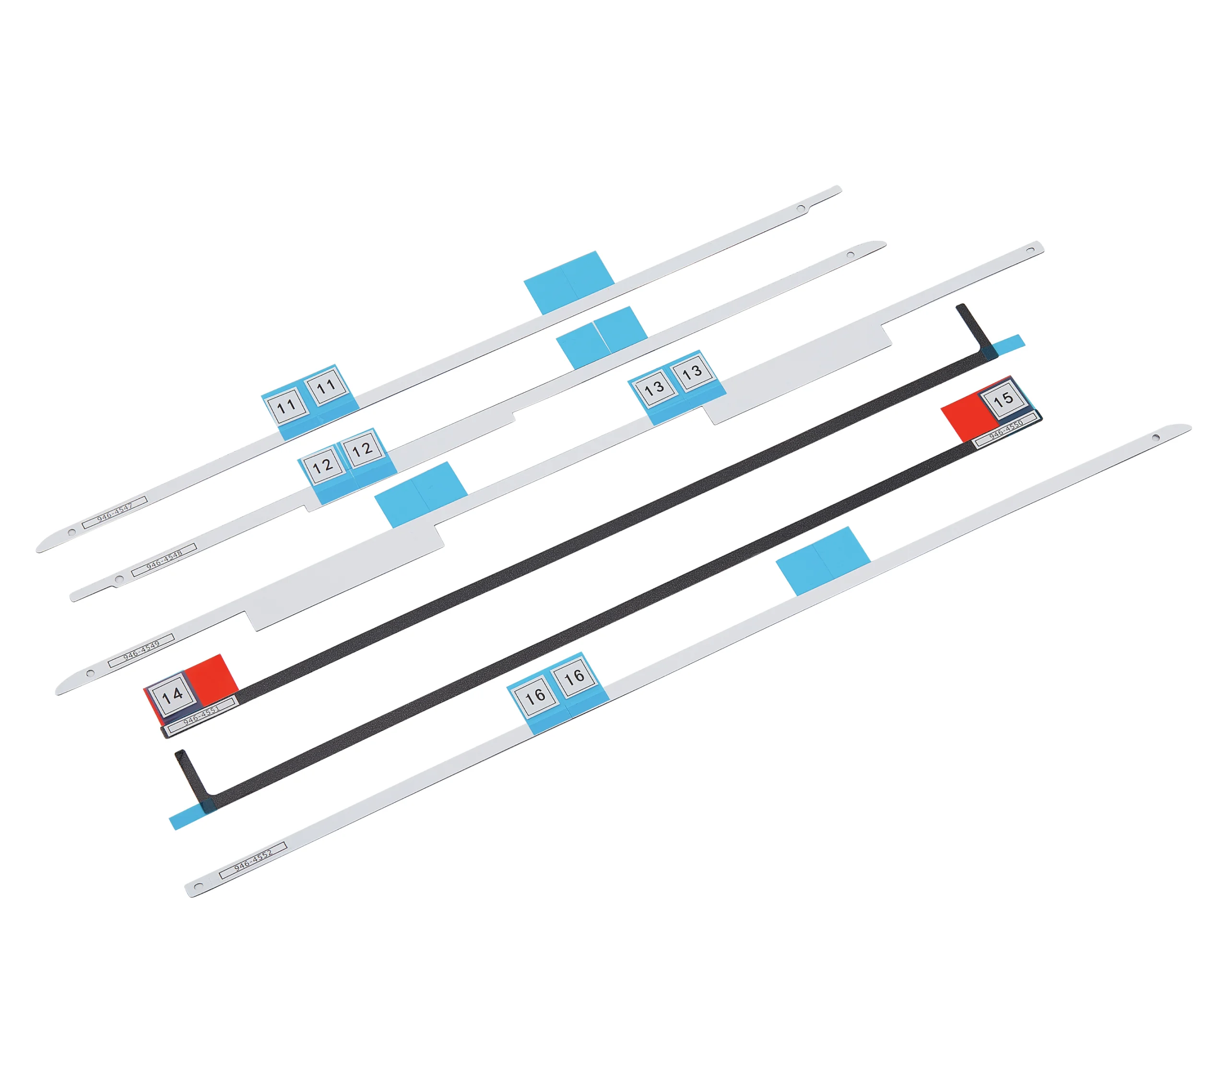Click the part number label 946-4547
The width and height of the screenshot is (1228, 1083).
tap(115, 512)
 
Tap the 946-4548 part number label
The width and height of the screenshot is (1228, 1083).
tap(164, 560)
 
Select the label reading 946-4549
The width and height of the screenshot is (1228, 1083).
tap(141, 650)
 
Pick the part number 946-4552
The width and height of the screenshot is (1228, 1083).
tap(253, 861)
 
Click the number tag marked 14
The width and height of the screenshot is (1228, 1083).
tap(172, 695)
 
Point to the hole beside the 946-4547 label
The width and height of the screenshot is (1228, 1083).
tap(72, 532)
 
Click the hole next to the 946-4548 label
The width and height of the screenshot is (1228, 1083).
tap(119, 579)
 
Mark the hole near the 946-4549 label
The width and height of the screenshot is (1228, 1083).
tap(91, 673)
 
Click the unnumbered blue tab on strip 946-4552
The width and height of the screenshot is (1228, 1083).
tap(823, 561)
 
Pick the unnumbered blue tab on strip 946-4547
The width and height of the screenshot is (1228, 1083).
tap(569, 283)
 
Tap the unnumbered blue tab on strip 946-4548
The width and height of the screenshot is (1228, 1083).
tap(602, 337)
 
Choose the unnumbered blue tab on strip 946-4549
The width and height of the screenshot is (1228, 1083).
tap(421, 495)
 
